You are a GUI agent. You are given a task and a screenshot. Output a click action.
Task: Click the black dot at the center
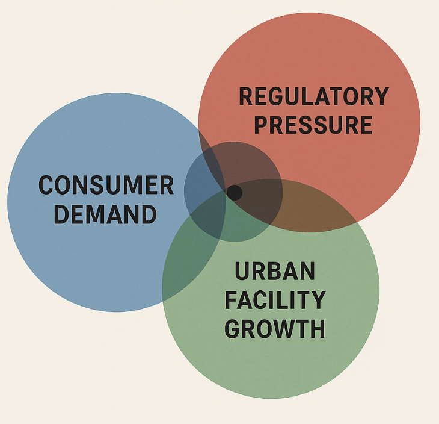(x=235, y=193)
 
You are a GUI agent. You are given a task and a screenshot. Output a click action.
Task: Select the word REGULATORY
(x=314, y=97)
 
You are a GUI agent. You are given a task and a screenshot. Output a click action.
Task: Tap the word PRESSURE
(x=313, y=125)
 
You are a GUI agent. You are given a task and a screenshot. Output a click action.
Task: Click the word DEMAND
(x=105, y=214)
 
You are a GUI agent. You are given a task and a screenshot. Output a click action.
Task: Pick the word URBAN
(x=275, y=271)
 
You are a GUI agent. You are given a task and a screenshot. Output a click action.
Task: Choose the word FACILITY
(x=275, y=299)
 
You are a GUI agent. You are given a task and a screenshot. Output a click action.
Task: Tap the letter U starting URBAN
(x=242, y=271)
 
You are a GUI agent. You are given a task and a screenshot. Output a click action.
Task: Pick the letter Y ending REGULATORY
(x=381, y=97)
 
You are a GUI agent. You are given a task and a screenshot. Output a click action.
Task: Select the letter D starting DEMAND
(x=61, y=214)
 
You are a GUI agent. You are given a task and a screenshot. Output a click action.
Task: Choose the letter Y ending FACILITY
(x=318, y=299)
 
